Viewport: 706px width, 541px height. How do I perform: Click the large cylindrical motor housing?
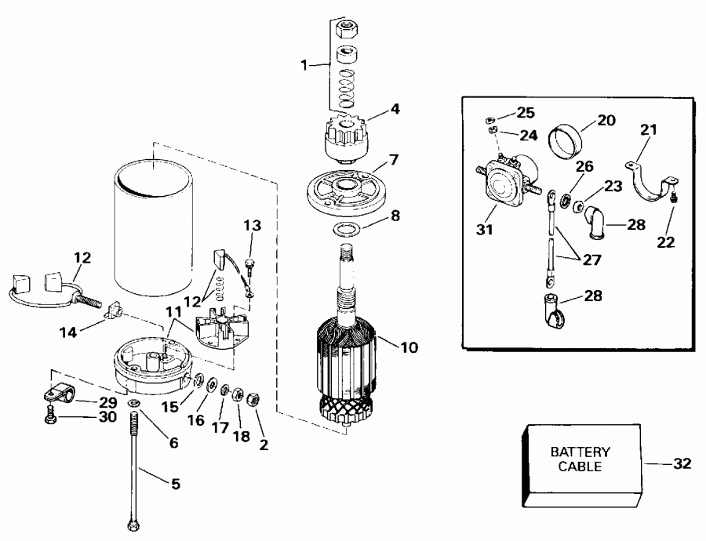coord(153,227)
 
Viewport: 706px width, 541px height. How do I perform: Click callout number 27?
coord(594,261)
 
